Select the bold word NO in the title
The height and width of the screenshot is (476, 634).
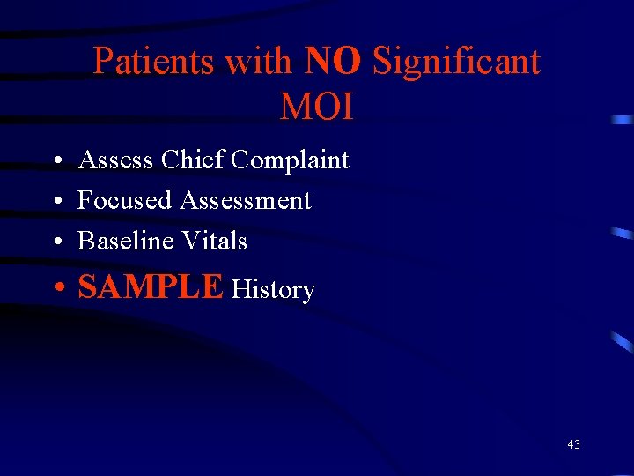click(x=332, y=62)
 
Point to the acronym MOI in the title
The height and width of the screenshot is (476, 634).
click(x=316, y=107)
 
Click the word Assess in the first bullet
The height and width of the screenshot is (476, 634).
click(x=116, y=160)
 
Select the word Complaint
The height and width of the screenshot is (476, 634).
click(x=291, y=161)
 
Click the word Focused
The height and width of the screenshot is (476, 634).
click(x=124, y=201)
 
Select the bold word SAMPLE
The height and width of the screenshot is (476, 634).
click(x=151, y=287)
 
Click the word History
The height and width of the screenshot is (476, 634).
click(x=272, y=290)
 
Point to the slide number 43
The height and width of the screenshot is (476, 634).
click(x=573, y=444)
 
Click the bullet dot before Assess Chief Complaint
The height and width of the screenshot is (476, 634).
click(x=55, y=162)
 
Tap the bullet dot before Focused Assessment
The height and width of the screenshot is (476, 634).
click(x=55, y=202)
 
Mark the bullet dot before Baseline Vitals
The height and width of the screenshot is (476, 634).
click(x=55, y=242)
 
